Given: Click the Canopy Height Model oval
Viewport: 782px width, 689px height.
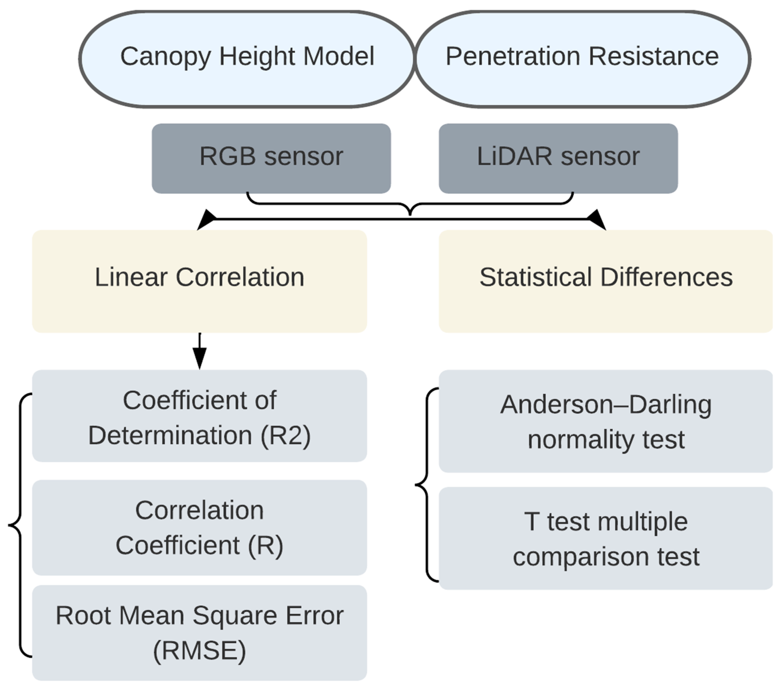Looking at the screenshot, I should [x=247, y=59].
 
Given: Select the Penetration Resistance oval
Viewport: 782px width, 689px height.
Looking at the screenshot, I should [x=582, y=59].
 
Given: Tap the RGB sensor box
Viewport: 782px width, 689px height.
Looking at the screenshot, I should [x=271, y=158].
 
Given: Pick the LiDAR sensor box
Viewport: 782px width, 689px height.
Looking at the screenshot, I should [x=558, y=158].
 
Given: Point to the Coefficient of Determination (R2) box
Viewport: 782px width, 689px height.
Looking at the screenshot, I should [x=199, y=416].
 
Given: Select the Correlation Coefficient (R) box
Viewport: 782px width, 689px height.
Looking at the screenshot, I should [x=199, y=527].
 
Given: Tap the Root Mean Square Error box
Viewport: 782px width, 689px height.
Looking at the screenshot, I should [x=199, y=632].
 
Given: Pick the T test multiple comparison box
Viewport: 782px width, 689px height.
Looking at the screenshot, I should [x=606, y=538].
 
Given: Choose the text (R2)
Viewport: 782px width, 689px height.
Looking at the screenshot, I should [x=285, y=435].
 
